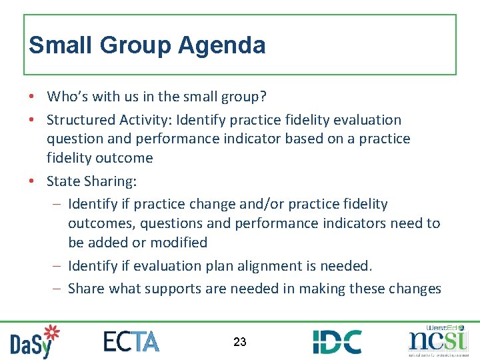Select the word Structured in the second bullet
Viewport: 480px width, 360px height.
79,120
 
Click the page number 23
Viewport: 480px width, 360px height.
240,342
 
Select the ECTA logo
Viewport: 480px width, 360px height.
131,341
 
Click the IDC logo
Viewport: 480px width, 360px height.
337,341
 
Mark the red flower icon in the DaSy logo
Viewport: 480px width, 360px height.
51,334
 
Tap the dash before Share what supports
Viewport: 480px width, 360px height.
58,289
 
